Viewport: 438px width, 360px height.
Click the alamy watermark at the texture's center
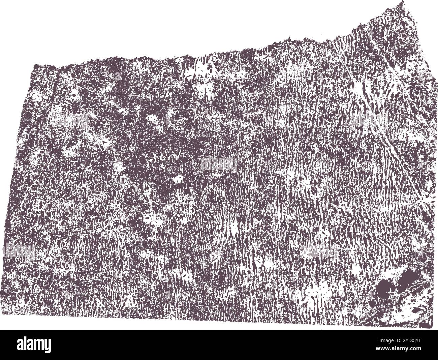[219, 164]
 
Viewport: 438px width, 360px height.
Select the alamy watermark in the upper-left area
[69, 120]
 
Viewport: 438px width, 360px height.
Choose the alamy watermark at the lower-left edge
[19, 250]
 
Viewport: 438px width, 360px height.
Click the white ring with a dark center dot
[73, 95]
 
